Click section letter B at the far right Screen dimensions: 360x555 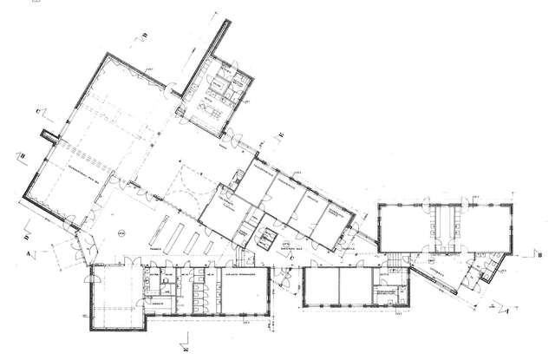[x=540, y=256]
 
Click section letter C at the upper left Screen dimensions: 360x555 [x=39, y=110]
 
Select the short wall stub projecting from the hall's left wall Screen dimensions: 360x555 [x=50, y=136]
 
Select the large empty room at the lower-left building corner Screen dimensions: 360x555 [x=112, y=295]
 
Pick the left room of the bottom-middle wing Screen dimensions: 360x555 [x=321, y=285]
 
